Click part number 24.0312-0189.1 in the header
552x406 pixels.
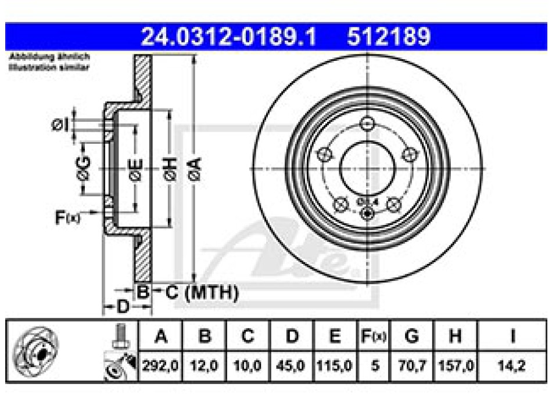[229, 38]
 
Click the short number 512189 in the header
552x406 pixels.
[389, 38]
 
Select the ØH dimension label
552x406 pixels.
[170, 169]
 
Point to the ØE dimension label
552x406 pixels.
[135, 169]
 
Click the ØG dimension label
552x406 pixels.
[84, 169]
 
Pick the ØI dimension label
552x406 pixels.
[60, 124]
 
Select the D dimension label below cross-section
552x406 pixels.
[121, 307]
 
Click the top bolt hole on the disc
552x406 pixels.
[367, 124]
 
